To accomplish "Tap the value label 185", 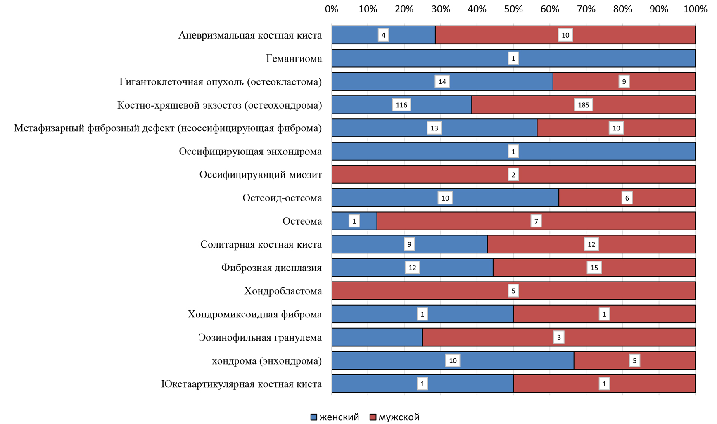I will tap(583, 105).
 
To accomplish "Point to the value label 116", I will tap(401, 105).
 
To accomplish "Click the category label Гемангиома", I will tap(294, 59).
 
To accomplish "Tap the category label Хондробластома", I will tap(283, 291).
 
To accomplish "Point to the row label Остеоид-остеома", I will tap(282, 198).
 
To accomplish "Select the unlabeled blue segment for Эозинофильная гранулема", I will tap(377, 338).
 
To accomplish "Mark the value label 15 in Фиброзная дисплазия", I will tap(594, 268).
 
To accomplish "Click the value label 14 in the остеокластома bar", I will tap(442, 82).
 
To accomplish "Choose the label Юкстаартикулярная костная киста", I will tap(241, 384).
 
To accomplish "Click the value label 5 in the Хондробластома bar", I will tap(513, 291).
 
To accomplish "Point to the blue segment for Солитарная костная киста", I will tap(372, 244).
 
